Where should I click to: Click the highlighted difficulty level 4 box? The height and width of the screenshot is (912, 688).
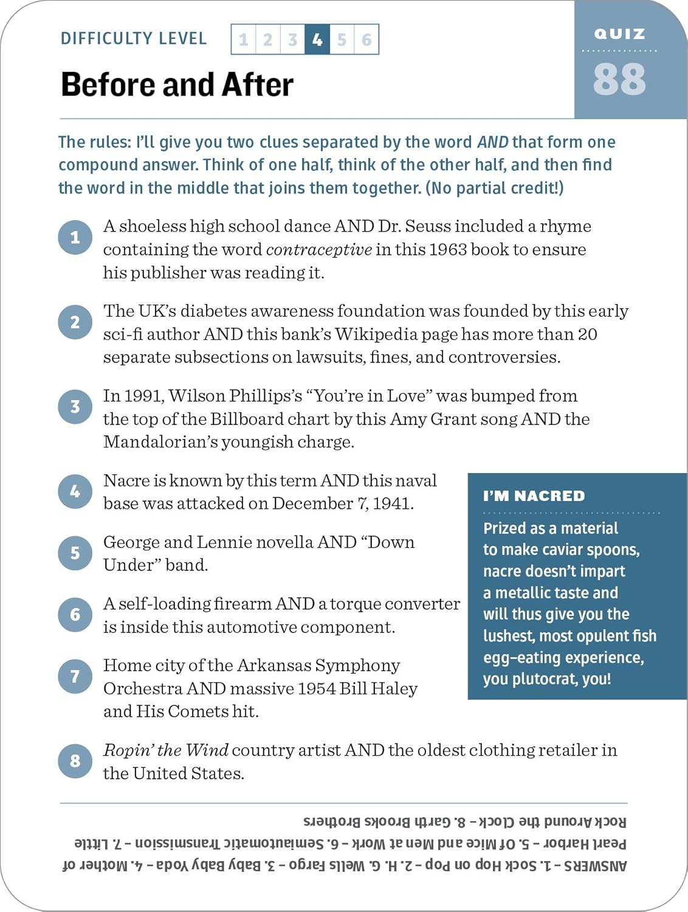click(x=317, y=40)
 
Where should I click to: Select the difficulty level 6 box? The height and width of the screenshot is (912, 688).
click(x=366, y=40)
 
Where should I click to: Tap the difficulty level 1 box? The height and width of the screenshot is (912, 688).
click(x=244, y=40)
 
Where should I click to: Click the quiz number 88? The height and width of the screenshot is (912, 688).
click(x=619, y=80)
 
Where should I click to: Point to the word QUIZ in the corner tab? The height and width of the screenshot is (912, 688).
click(x=619, y=34)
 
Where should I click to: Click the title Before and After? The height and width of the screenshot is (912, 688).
click(x=177, y=85)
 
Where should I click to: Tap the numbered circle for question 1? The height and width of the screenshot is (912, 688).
click(x=75, y=237)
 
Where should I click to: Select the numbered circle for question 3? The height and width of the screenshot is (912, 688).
click(x=75, y=407)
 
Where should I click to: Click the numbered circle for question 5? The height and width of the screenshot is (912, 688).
click(x=75, y=553)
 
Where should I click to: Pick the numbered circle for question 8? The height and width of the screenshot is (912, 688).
click(x=75, y=761)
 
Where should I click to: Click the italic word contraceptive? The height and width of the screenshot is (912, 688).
click(x=318, y=250)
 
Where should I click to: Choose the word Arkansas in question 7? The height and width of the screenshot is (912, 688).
click(x=273, y=666)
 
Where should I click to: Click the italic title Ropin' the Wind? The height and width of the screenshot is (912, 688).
click(x=165, y=750)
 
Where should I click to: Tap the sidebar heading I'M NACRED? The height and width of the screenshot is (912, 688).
click(x=534, y=496)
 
